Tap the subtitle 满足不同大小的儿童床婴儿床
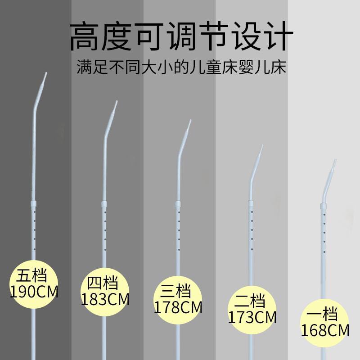click(x=182, y=69)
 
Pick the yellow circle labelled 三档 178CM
click(x=178, y=299)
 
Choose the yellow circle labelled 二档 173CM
click(x=252, y=308)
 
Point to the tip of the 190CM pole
click(x=45, y=73)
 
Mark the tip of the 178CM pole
click(x=190, y=121)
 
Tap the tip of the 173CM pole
click(x=262, y=146)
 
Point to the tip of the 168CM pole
click(x=335, y=160)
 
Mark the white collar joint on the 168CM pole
click(x=323, y=206)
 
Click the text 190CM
click(x=34, y=291)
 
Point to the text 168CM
click(x=325, y=331)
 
